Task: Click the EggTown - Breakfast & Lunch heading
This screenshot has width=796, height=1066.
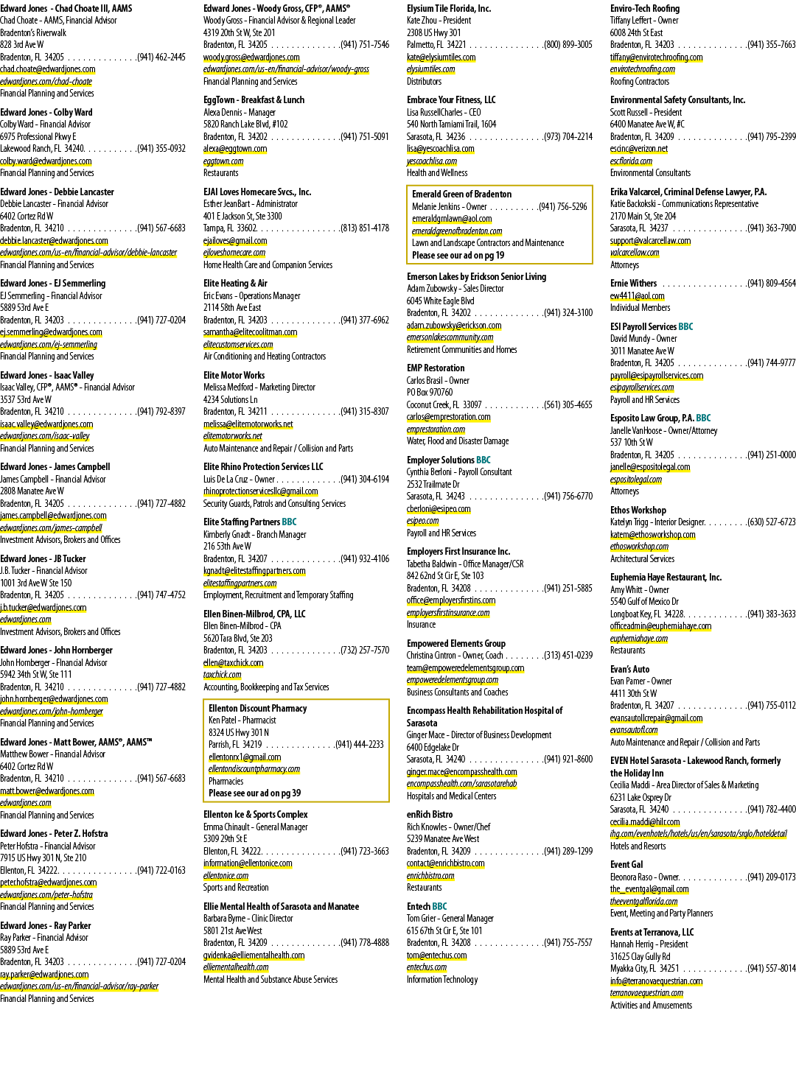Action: coord(254,100)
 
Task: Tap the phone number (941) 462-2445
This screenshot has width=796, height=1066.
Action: coord(161,57)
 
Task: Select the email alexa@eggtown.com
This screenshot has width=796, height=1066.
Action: coord(235,149)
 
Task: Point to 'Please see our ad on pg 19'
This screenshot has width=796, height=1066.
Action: coord(458,256)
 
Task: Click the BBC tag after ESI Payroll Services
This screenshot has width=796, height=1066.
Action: coord(685,327)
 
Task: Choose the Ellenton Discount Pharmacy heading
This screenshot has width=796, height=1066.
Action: coord(258,709)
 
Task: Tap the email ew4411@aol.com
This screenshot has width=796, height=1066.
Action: coord(638,296)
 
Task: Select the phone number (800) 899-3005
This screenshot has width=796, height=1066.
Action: coord(568,45)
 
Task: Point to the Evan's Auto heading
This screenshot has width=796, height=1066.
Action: coord(630,669)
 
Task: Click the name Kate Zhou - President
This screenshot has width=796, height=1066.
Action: coord(439,21)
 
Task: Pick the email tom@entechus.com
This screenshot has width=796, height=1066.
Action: coord(436,955)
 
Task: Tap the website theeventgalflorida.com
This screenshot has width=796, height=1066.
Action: coord(644,902)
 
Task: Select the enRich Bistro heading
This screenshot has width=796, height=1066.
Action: coord(430,815)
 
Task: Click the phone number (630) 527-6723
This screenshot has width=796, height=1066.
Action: coord(772,522)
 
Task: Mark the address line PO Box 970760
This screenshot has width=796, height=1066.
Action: coord(430,393)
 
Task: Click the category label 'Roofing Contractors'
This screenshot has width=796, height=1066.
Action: coord(640,82)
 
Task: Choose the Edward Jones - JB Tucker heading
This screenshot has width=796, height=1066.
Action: coord(43,559)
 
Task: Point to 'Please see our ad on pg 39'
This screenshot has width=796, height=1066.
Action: coord(255,793)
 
